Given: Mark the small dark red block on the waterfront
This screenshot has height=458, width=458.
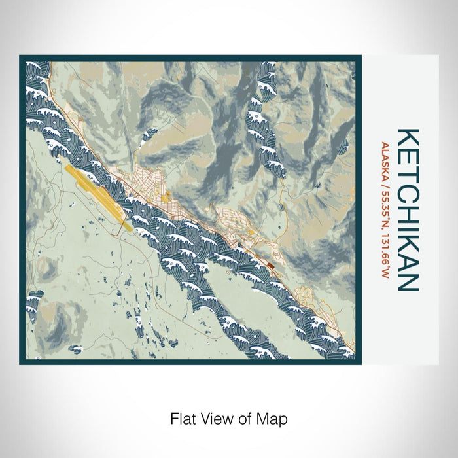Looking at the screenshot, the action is pos(271,265).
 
